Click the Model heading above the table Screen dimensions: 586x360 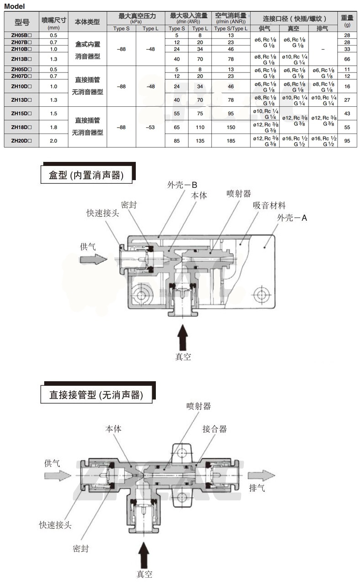[14, 6]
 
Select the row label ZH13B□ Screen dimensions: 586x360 [21, 59]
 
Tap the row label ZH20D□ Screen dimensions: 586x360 [21, 141]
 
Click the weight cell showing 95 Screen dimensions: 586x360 [347, 141]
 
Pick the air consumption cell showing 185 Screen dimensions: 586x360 [231, 141]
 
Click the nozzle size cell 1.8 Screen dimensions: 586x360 [54, 127]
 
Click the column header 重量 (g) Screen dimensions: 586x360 [347, 21]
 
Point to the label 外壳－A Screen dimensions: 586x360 [292, 218]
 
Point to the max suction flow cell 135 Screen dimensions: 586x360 [200, 141]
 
